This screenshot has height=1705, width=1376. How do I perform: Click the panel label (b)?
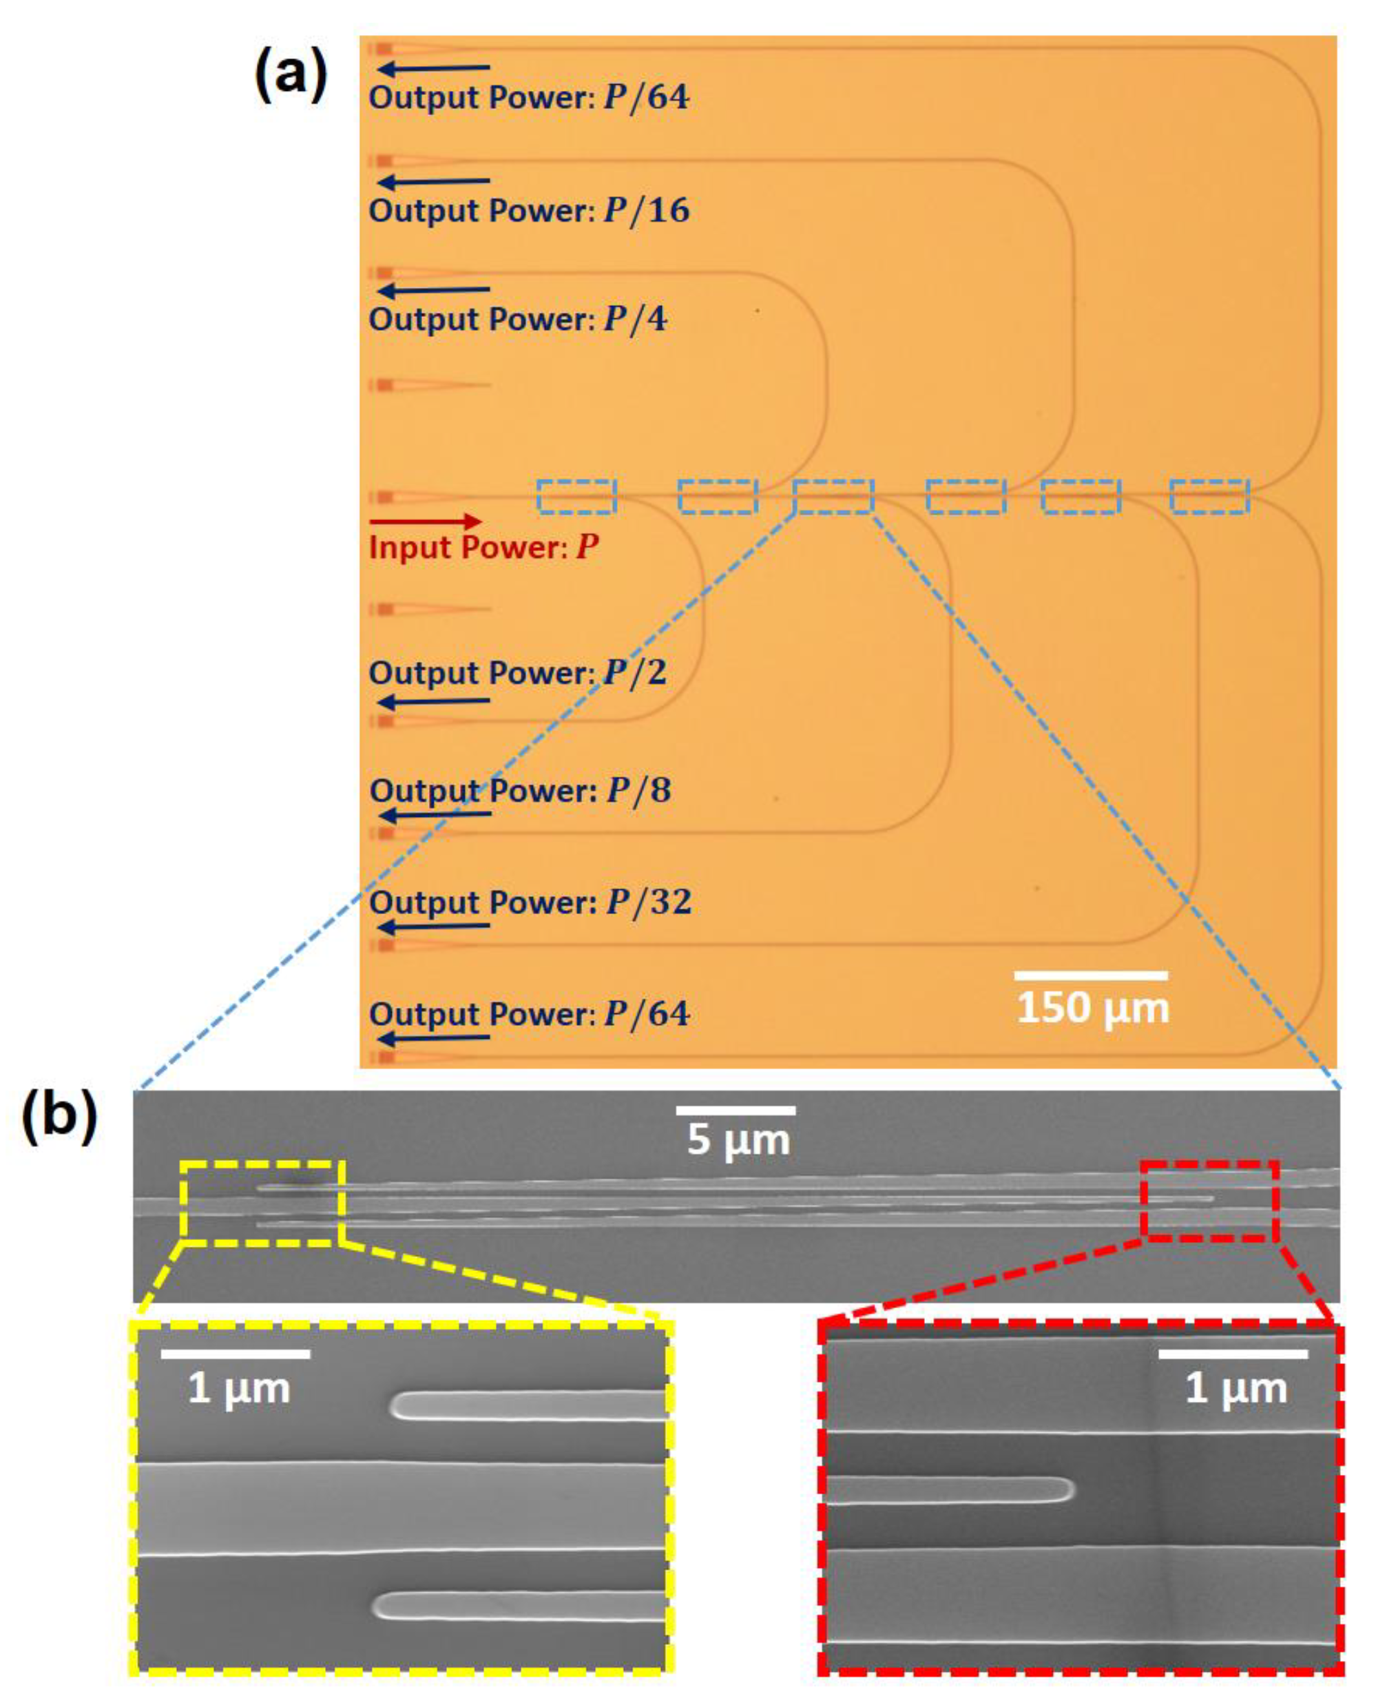[x=59, y=1117]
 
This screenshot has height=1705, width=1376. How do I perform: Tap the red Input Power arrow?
[x=425, y=521]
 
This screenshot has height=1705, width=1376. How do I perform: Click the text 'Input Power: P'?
[x=483, y=548]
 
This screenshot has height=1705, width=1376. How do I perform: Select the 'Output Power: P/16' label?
[x=529, y=211]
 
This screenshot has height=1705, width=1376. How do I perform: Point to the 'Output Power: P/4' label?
[x=518, y=320]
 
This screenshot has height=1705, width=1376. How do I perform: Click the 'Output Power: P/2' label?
[x=518, y=673]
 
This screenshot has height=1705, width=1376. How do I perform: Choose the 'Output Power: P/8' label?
[x=520, y=790]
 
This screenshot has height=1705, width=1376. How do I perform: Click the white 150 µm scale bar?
[x=1092, y=975]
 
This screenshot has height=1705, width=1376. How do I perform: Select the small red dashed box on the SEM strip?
[x=1209, y=1201]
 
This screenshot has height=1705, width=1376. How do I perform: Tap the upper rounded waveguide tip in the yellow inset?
[x=400, y=1406]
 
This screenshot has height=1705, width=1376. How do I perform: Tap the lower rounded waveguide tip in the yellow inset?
[x=383, y=1606]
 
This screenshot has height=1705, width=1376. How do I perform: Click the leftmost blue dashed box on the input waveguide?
[x=576, y=496]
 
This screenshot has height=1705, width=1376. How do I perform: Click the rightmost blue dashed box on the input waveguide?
[x=1209, y=496]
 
